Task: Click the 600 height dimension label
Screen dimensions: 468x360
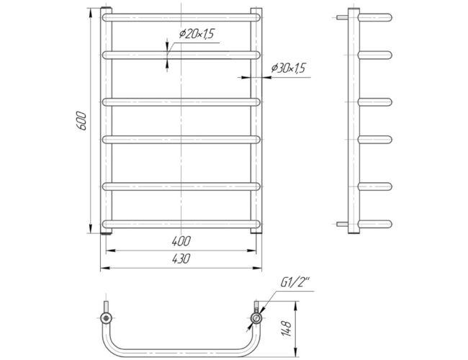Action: point(81,120)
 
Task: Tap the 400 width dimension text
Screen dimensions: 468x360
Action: point(181,241)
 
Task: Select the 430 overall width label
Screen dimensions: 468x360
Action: point(181,258)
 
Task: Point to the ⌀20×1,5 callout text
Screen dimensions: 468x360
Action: point(197,34)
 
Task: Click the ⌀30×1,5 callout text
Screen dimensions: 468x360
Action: point(288,68)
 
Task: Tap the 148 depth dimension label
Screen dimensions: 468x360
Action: point(286,328)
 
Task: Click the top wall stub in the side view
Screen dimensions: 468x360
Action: point(342,17)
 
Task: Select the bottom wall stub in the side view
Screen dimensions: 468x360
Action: point(342,224)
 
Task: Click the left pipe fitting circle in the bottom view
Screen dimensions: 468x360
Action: point(106,318)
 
